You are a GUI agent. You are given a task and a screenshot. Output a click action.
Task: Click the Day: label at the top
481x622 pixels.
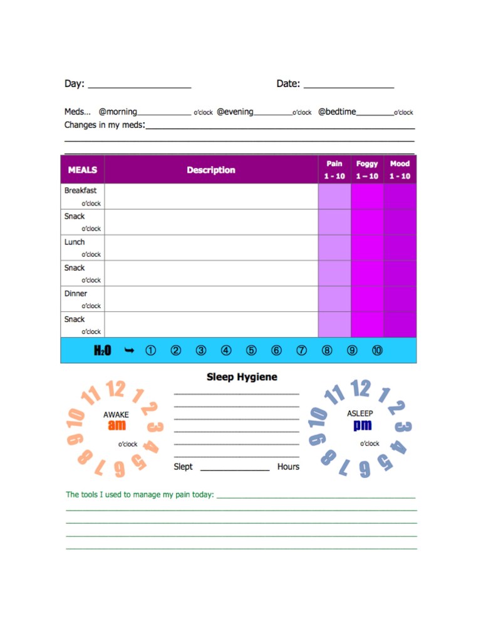[x=75, y=83]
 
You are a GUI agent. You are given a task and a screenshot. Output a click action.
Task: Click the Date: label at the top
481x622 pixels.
[x=288, y=83]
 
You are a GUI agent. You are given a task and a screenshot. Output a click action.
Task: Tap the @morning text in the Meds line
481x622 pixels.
[x=118, y=112]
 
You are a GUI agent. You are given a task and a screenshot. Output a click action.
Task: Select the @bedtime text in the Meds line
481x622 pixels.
[x=337, y=112]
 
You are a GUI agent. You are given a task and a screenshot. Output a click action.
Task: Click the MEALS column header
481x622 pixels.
[x=83, y=170]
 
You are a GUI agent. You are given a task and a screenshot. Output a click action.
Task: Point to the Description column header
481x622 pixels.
[x=211, y=170]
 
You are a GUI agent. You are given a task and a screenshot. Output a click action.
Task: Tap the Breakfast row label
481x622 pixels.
[x=80, y=190]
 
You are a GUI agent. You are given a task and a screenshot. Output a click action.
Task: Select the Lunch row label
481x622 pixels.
[x=75, y=242]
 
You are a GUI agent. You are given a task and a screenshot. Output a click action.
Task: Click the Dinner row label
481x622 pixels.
[x=76, y=293]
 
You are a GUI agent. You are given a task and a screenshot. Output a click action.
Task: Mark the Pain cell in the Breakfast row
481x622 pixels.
[x=334, y=196]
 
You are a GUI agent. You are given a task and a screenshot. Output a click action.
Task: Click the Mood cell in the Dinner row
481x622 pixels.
[x=400, y=299]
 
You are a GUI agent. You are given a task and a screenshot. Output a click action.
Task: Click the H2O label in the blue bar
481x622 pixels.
[x=102, y=351]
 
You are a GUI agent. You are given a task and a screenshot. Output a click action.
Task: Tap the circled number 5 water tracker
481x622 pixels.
[x=251, y=351]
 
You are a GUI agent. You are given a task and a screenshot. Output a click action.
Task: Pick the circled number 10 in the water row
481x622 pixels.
[x=377, y=351]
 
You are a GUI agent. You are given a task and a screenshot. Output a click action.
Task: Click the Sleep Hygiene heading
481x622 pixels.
[x=242, y=377]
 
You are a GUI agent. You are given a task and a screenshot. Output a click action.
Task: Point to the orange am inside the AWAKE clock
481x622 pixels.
[x=116, y=426]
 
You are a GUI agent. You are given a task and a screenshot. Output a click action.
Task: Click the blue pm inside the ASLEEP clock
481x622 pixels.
[x=362, y=425]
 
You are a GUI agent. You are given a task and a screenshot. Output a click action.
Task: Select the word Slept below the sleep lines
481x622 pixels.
[x=183, y=467]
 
